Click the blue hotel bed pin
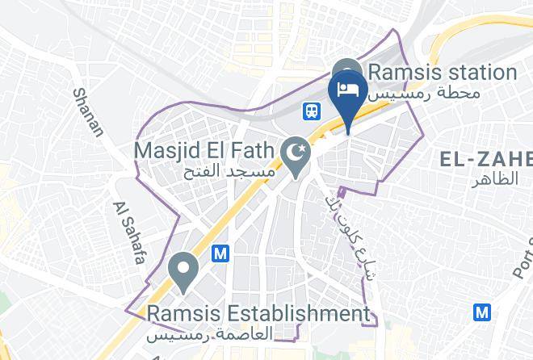[349, 90]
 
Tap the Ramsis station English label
[441, 72]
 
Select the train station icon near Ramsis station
[310, 110]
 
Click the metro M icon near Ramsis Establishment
[220, 253]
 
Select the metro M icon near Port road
[483, 311]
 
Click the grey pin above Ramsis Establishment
[183, 271]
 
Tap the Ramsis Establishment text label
[258, 312]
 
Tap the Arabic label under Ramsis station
[425, 93]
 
